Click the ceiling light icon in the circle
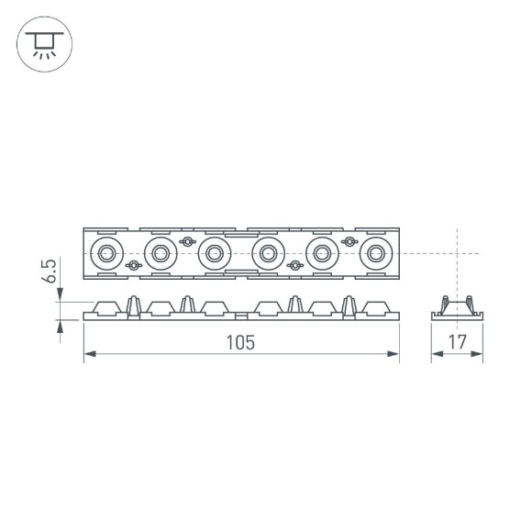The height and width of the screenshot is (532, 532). coord(42,42)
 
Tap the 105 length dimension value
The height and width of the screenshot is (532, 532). coord(240,342)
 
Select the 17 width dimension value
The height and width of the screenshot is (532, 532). coord(458,342)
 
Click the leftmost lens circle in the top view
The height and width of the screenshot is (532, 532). coord(106,252)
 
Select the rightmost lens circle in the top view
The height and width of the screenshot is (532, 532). coord(376,252)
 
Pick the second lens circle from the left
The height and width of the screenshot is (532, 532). coord(161,252)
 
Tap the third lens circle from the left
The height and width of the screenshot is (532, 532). coord(215,252)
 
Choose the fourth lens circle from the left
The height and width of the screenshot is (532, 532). coord(269,252)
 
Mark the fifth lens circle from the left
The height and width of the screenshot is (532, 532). coord(323,252)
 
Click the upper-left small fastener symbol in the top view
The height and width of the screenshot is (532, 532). coord(188,241)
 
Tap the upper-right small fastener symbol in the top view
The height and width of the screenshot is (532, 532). coord(349,241)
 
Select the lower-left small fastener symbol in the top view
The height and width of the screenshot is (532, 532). coord(134,265)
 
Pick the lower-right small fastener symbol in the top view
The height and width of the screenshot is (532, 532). coord(295,265)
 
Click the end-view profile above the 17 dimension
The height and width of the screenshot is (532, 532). coord(458,307)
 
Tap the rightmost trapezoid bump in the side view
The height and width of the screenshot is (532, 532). coord(376,306)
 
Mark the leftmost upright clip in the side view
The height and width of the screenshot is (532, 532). coord(134,305)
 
